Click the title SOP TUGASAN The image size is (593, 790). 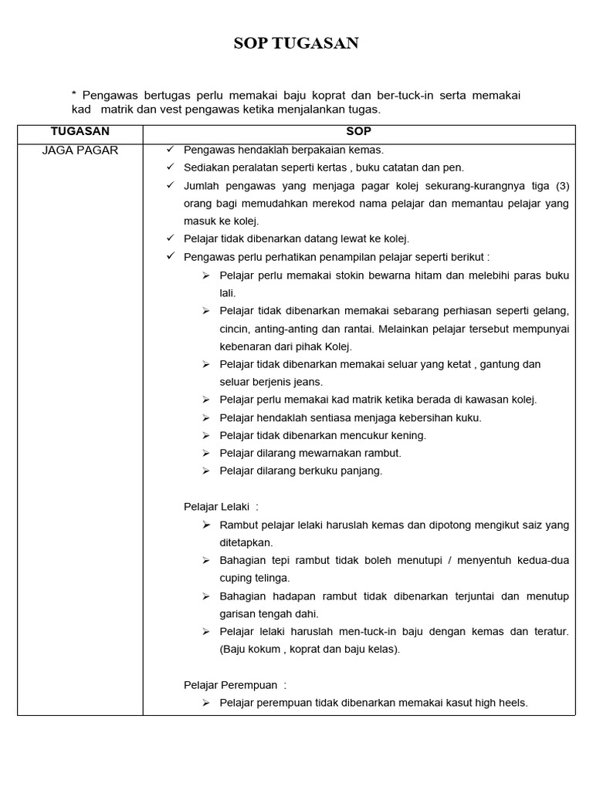pyautogui.click(x=296, y=43)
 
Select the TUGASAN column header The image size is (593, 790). pyautogui.click(x=80, y=131)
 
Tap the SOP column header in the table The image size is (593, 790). pyautogui.click(x=359, y=131)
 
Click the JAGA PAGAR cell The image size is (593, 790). pyautogui.click(x=80, y=150)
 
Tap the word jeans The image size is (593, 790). pyautogui.click(x=308, y=382)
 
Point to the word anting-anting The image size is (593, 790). pyautogui.click(x=285, y=329)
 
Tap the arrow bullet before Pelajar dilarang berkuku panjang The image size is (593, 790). pyautogui.click(x=206, y=471)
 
